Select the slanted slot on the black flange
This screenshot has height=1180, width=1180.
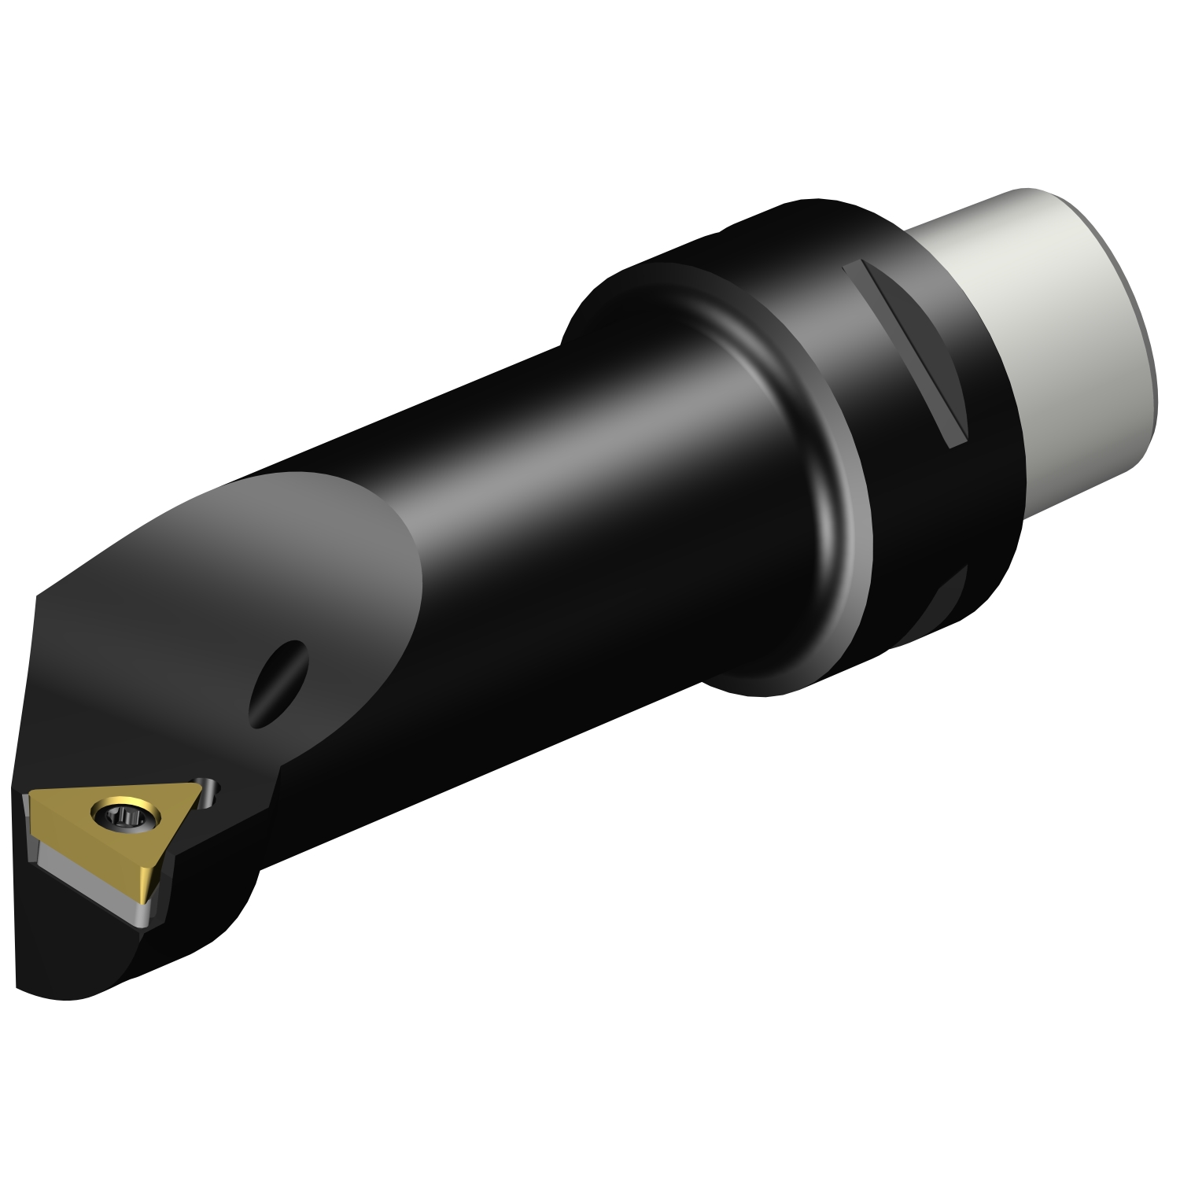905,355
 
